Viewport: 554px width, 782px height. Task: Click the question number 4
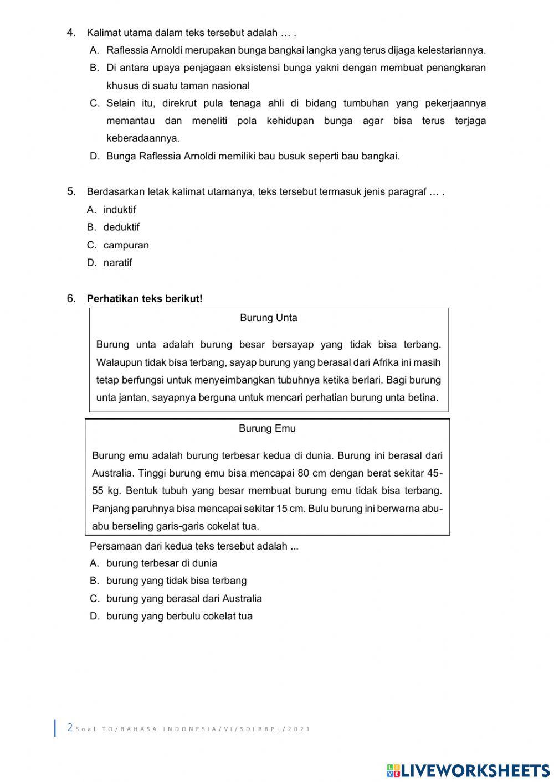coord(71,33)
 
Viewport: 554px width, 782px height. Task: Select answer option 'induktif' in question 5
coord(119,210)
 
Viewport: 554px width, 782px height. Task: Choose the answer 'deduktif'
coord(121,227)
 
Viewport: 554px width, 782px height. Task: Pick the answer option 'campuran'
coord(126,245)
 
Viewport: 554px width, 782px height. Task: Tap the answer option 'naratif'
coord(117,263)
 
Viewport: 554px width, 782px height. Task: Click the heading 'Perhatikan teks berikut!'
coord(145,299)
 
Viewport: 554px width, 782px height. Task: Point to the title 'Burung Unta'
coord(269,318)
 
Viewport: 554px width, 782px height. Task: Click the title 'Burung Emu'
coord(267,428)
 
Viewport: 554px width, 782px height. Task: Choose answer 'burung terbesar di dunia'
coord(161,563)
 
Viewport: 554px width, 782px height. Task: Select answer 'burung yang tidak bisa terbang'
coord(176,581)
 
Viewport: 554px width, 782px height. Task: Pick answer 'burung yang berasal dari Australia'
coord(184,599)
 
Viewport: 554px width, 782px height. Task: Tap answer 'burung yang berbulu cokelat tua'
coord(179,617)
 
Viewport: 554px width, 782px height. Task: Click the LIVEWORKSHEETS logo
coord(468,770)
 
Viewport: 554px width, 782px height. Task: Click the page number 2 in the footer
coord(70,728)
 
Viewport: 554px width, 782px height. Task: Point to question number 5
coord(71,192)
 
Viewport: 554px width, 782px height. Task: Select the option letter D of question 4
coord(94,157)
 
